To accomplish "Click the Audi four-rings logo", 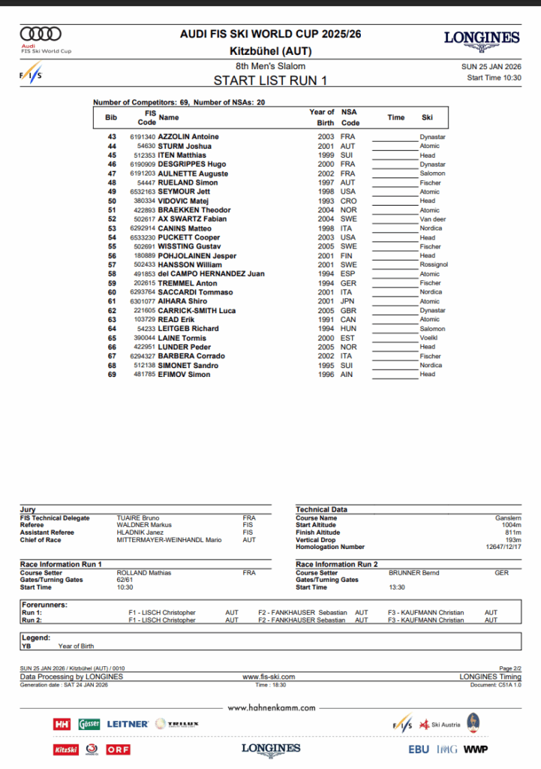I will tap(41, 34).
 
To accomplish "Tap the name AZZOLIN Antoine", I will tap(188, 137).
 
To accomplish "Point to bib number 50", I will tap(112, 201).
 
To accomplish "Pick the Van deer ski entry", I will tap(432, 219).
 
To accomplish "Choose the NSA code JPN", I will tap(348, 301).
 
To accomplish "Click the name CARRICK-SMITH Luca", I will tap(197, 310).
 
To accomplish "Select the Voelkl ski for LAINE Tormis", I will tap(429, 338).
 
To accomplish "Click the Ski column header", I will tap(427, 117).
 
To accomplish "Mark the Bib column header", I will tap(111, 117).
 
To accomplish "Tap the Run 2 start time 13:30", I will tap(398, 587).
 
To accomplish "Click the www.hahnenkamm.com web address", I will tap(270, 707).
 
